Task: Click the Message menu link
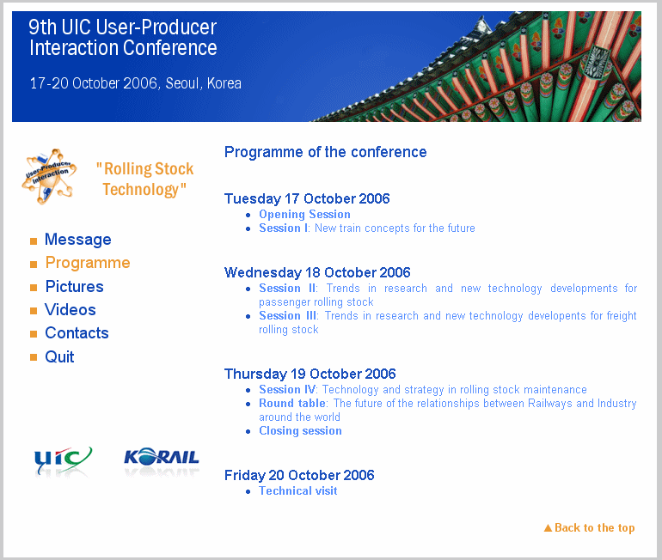click(77, 240)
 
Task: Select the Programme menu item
click(88, 263)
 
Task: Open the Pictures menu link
click(74, 287)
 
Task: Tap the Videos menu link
click(70, 310)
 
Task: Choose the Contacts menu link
click(77, 333)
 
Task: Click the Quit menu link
click(59, 356)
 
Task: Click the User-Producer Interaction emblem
click(50, 175)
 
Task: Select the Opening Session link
click(304, 215)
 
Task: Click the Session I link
click(284, 228)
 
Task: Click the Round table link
click(292, 404)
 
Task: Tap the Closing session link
click(300, 431)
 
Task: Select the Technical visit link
click(297, 491)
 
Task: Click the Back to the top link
click(594, 528)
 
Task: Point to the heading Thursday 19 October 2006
click(310, 374)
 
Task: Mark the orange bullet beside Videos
click(34, 311)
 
